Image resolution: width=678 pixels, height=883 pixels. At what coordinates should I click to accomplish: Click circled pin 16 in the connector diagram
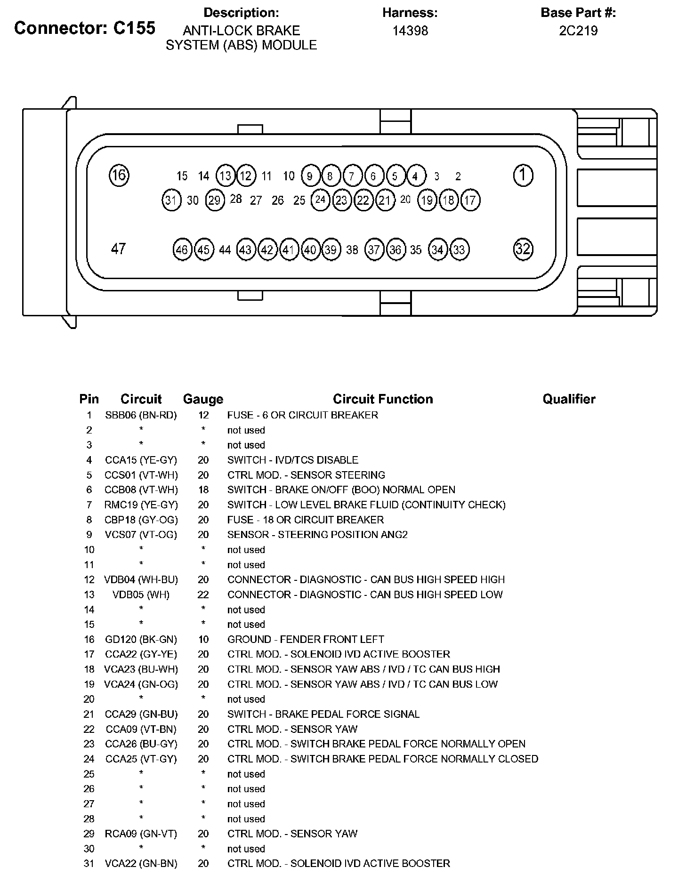click(119, 175)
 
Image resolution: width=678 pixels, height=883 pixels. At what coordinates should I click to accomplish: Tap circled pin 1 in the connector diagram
click(523, 175)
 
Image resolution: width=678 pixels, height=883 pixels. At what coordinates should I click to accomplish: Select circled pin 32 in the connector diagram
click(523, 249)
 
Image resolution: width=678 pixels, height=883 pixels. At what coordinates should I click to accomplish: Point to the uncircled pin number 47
click(118, 249)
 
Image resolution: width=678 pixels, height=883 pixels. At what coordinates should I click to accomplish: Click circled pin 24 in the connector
click(320, 200)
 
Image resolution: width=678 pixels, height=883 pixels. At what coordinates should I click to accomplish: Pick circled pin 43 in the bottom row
click(245, 249)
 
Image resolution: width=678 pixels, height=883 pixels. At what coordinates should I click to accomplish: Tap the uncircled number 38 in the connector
click(352, 250)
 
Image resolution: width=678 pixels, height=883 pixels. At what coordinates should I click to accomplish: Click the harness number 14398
click(410, 31)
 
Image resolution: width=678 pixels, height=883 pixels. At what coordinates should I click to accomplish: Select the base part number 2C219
click(578, 31)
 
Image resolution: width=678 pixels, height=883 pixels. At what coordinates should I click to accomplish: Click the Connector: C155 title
click(85, 28)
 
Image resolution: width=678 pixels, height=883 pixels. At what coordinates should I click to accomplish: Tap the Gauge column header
click(203, 399)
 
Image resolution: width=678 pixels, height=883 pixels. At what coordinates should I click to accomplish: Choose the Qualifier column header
click(569, 399)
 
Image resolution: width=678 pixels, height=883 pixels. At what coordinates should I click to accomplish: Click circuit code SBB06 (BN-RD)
click(141, 415)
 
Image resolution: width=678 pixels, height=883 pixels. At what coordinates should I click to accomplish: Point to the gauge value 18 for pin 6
click(203, 490)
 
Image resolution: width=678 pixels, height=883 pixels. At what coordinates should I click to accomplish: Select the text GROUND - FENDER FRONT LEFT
click(306, 640)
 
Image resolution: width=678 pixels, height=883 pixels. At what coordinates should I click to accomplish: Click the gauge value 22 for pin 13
click(203, 594)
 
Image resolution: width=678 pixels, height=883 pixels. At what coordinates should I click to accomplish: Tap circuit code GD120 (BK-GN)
click(141, 640)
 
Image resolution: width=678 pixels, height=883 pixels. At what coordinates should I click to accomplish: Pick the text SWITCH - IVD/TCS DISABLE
click(292, 460)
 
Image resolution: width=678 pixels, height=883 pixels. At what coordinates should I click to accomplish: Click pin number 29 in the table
click(89, 834)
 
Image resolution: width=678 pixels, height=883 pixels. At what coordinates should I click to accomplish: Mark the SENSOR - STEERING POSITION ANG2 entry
click(317, 535)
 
